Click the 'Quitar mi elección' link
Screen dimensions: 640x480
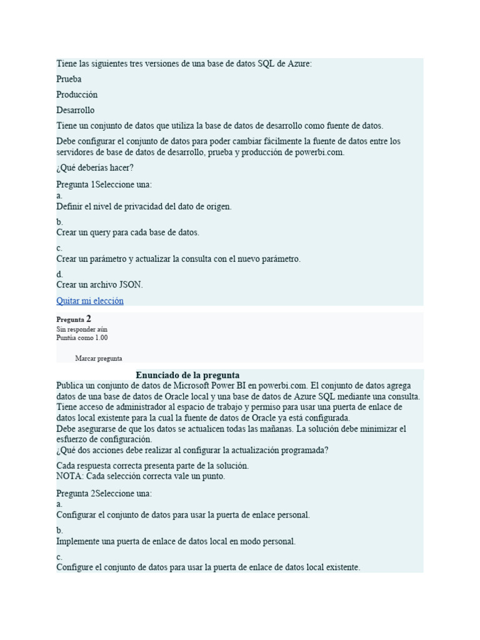[x=89, y=301]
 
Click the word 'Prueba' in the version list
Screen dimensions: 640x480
[x=69, y=79]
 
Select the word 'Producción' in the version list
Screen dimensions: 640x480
[x=77, y=94]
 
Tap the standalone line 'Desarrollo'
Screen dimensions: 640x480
[x=75, y=110]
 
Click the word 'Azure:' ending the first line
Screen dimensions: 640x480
[x=299, y=64]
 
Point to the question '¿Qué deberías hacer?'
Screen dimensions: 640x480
[x=95, y=167]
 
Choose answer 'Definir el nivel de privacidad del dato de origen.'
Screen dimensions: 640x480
[x=144, y=206]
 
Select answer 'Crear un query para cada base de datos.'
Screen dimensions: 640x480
[x=127, y=232]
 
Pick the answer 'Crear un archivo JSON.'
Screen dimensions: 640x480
[x=99, y=284]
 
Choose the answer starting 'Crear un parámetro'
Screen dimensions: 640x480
[x=178, y=259]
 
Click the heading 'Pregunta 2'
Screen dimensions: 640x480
[x=74, y=319]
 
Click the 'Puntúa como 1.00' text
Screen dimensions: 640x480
[x=82, y=337]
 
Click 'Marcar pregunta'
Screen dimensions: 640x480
[x=98, y=359]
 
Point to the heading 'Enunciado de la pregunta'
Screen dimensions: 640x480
[x=187, y=375]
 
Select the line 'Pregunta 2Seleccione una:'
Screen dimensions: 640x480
[x=104, y=493]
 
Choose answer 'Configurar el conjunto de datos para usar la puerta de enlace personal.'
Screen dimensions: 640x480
[x=182, y=515]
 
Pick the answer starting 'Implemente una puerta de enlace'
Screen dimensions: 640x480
[x=176, y=541]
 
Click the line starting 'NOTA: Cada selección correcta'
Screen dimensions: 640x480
[x=141, y=476]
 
